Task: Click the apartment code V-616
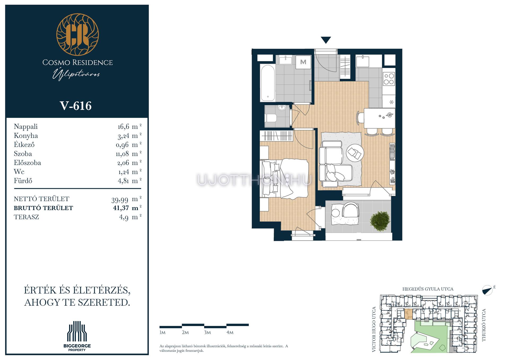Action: coord(76,106)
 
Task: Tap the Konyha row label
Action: coord(26,136)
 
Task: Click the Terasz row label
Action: coord(26,217)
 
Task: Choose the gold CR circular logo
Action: coord(77,35)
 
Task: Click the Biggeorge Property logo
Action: coord(77,336)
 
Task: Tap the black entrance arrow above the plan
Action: coord(326,40)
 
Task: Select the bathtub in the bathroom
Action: coord(267,83)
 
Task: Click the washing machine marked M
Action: coord(303,62)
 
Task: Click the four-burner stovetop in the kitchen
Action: coord(389,79)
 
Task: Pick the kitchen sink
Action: coord(362,61)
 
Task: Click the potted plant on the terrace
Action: coord(380,221)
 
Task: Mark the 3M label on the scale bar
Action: coord(207,332)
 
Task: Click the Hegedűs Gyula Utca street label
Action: coord(428,289)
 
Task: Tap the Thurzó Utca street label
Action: coord(484,325)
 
